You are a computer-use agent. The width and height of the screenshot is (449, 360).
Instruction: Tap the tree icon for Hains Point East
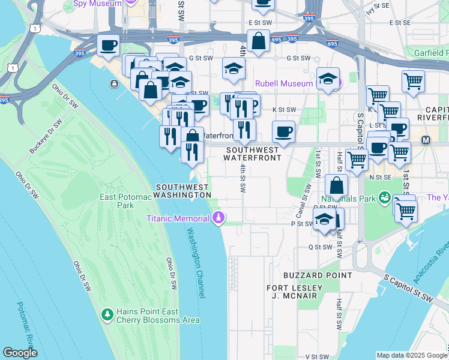[x=107, y=314]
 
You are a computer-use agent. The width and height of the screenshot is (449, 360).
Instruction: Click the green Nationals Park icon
[x=384, y=197]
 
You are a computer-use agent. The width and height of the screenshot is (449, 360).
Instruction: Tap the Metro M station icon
[x=426, y=140]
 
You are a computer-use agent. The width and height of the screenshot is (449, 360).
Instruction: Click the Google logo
[x=20, y=353]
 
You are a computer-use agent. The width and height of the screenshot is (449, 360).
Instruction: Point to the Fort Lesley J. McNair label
[x=294, y=292]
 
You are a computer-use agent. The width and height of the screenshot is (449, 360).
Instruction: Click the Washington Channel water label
[x=196, y=262]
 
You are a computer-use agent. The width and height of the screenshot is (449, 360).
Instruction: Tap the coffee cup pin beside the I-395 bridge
[x=108, y=45]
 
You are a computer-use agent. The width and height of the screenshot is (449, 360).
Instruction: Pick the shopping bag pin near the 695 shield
[x=258, y=42]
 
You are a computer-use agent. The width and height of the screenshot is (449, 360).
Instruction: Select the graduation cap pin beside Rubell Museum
[x=328, y=79]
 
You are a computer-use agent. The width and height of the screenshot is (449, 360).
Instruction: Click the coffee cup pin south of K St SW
[x=283, y=131]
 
